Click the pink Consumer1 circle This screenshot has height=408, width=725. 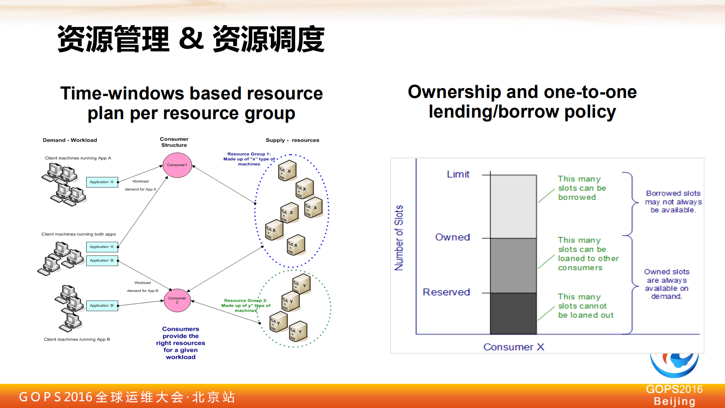pos(177,165)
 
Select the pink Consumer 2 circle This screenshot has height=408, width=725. pos(177,300)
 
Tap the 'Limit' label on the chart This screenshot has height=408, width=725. pos(458,174)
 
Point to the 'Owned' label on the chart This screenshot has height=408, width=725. pos(453,237)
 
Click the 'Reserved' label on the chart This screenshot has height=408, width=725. pos(446,292)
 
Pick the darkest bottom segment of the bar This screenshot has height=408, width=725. pos(513,313)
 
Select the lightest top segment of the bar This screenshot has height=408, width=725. pos(513,206)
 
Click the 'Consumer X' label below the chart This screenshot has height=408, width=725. pos(514,347)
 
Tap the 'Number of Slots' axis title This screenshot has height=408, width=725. pos(399,238)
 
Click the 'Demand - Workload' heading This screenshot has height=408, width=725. pos(70,140)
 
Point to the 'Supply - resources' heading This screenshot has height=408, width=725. pos(292,140)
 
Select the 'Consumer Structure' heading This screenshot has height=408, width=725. pos(174,142)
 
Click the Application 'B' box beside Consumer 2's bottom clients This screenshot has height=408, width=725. pos(102,306)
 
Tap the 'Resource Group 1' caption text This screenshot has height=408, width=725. pos(249,159)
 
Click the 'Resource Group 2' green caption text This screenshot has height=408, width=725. pos(246,306)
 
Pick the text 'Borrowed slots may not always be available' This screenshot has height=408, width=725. pos(673,202)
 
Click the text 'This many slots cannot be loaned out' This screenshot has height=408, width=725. pos(585,306)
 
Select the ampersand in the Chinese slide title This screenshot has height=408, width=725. pos(191,39)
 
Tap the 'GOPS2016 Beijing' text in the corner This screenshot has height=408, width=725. pos(674,395)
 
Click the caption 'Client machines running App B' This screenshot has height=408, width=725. pos(77,339)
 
